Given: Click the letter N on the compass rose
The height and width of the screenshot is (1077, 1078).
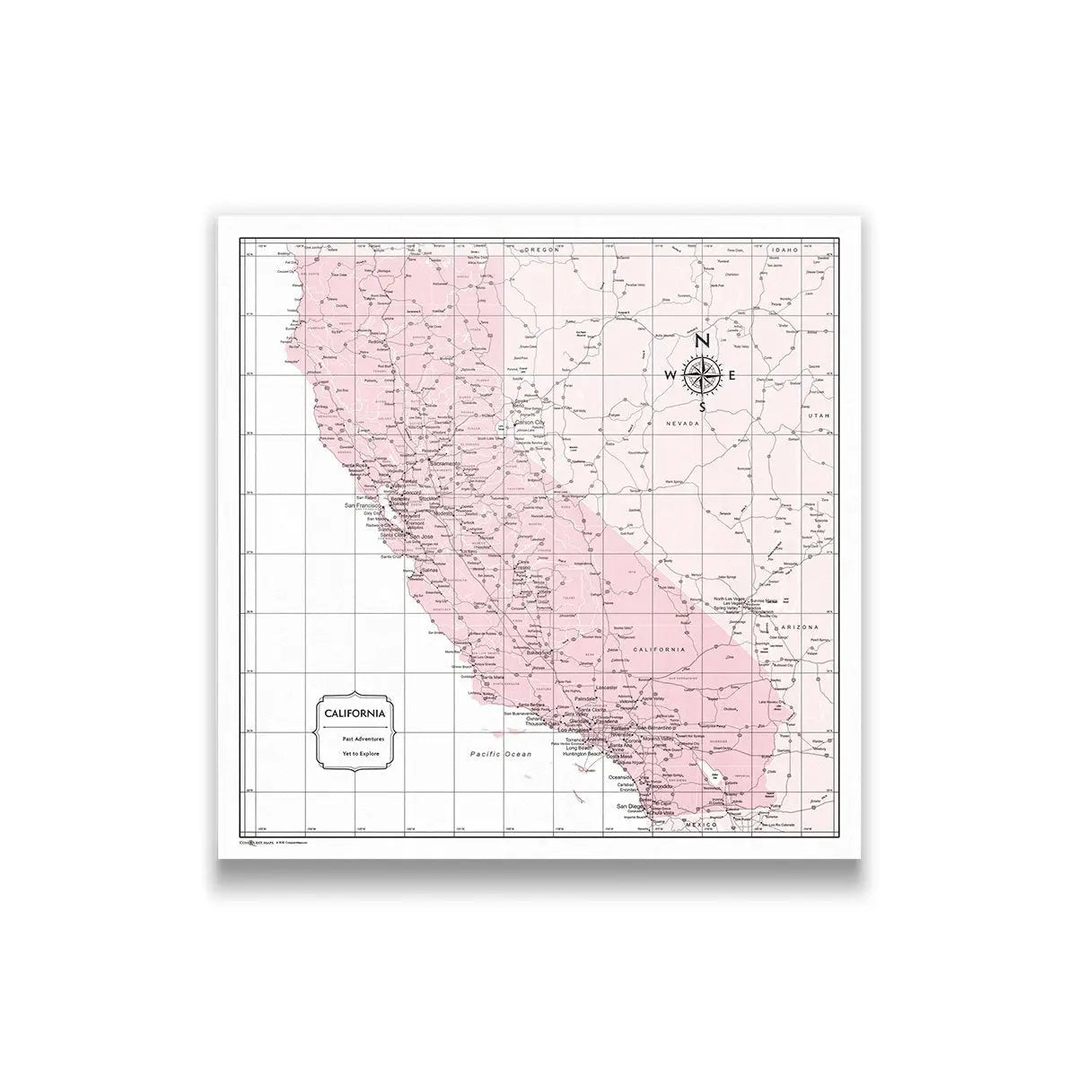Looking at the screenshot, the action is (x=703, y=341).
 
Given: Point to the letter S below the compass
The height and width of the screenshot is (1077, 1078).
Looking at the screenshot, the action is (x=703, y=406).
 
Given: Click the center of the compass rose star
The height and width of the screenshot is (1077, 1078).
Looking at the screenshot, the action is (x=702, y=374).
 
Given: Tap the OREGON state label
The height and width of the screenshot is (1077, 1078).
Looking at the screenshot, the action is (x=543, y=250).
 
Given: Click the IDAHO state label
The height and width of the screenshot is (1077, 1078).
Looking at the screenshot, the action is (x=784, y=250).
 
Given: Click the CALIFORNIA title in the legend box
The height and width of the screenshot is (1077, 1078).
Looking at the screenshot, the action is (x=355, y=714).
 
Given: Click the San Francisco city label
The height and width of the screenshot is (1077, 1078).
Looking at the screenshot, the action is (x=364, y=506).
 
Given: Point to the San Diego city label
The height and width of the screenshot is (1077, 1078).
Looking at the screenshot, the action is (x=629, y=808).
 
